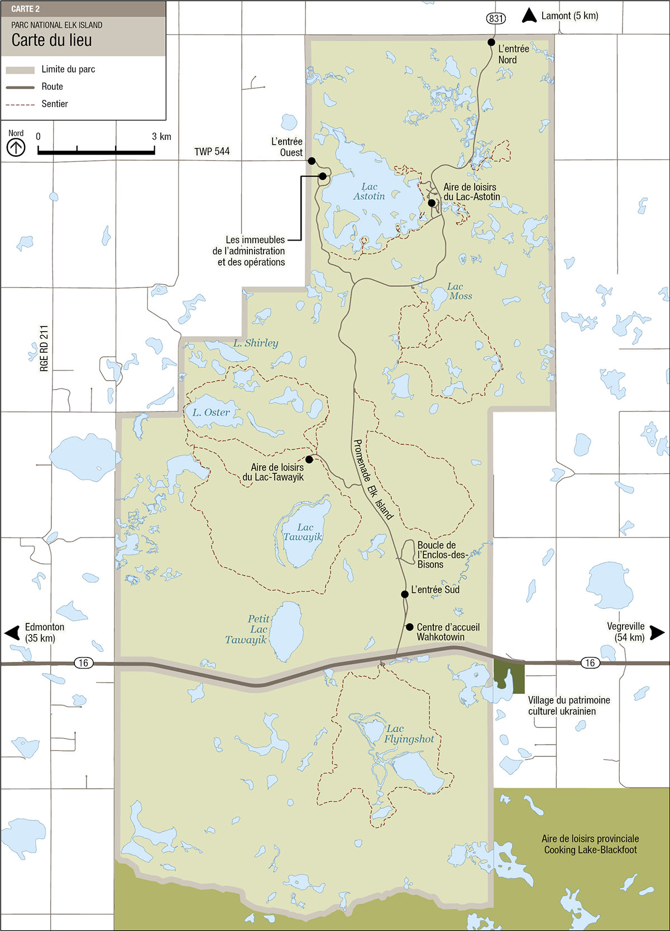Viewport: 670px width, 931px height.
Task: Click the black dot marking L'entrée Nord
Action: click(491, 42)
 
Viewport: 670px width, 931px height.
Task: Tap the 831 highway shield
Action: click(496, 18)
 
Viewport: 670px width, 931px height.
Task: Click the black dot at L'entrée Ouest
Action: click(312, 161)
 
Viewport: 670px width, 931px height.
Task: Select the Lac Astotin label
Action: click(369, 191)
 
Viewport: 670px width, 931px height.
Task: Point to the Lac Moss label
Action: click(460, 291)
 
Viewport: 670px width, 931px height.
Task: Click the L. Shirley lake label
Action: click(256, 343)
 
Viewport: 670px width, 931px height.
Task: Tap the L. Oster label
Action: click(211, 412)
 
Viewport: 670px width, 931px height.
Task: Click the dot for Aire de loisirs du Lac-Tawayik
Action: click(309, 459)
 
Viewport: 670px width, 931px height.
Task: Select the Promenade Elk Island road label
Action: click(373, 479)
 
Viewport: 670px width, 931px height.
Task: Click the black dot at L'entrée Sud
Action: click(405, 594)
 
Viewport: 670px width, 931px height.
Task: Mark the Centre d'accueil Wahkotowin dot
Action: click(409, 627)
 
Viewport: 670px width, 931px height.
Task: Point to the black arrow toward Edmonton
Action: click(12, 633)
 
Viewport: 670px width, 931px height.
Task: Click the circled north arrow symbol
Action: click(16, 148)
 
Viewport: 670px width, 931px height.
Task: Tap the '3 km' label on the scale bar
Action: click(161, 137)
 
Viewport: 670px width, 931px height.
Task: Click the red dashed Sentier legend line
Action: click(20, 104)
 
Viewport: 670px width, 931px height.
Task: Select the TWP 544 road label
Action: click(212, 151)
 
